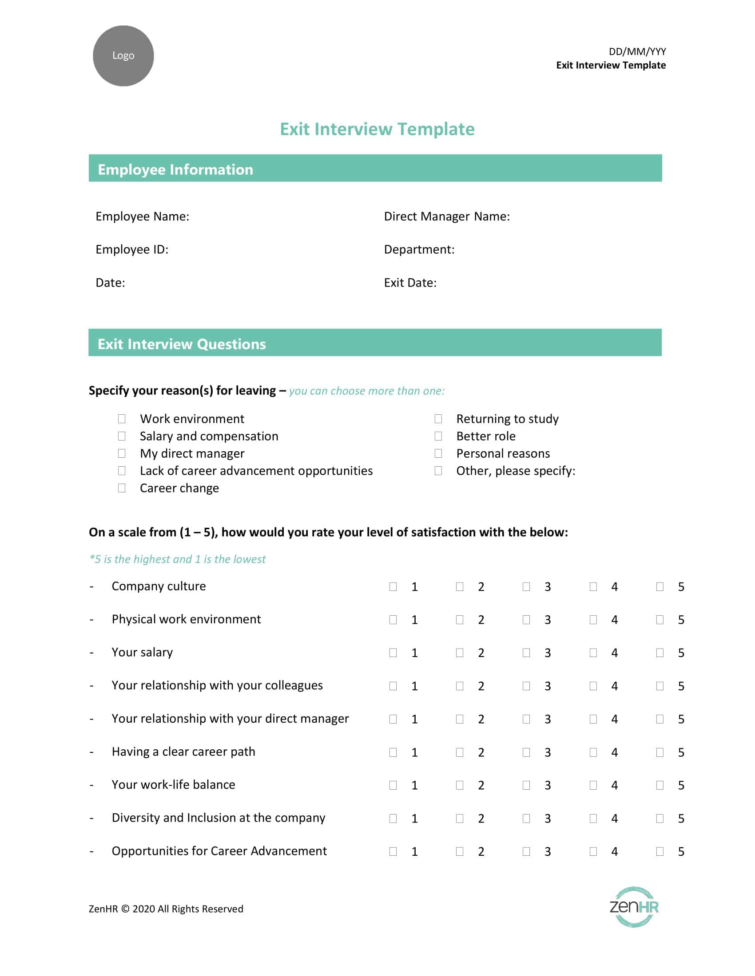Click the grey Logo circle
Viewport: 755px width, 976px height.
click(123, 56)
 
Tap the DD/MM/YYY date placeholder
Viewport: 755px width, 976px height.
click(637, 51)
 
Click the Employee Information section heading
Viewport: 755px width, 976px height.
click(175, 169)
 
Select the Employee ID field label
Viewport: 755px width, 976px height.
click(132, 249)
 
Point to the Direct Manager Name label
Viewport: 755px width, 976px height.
click(446, 216)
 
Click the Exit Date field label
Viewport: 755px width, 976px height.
click(410, 283)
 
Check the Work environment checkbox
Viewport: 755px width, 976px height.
click(122, 419)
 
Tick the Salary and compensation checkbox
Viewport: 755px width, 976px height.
click(122, 436)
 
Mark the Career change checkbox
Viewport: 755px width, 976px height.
click(122, 488)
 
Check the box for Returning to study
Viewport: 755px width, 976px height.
click(438, 419)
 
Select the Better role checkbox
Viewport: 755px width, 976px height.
click(438, 436)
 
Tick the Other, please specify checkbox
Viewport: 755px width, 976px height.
click(438, 471)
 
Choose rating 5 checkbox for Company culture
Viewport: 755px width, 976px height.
click(660, 586)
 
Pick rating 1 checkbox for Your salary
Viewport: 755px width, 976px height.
click(393, 653)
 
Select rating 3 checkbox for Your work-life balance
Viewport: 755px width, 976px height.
click(526, 785)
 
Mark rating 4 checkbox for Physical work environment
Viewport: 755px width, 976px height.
click(593, 619)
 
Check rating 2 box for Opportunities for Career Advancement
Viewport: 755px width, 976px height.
click(460, 851)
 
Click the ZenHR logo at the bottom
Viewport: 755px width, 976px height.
click(634, 907)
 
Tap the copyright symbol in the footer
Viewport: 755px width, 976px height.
click(125, 909)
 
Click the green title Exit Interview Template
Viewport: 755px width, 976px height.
click(377, 129)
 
